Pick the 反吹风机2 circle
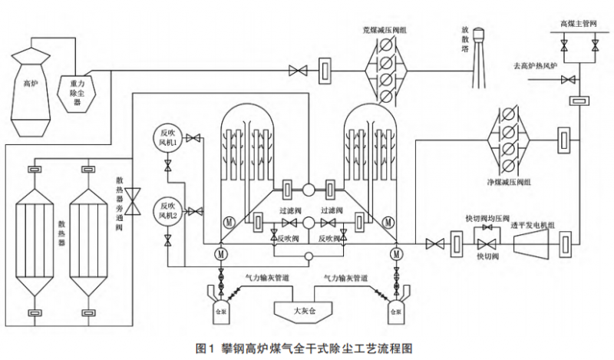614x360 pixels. [x=167, y=210]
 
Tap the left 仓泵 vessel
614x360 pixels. [x=222, y=302]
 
